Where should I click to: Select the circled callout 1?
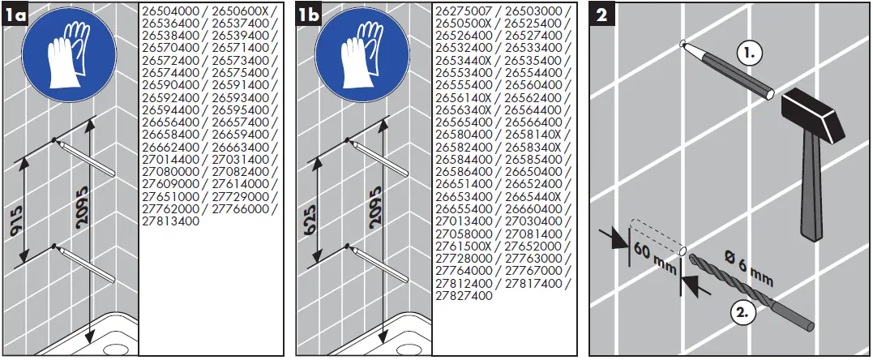pyautogui.click(x=751, y=54)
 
